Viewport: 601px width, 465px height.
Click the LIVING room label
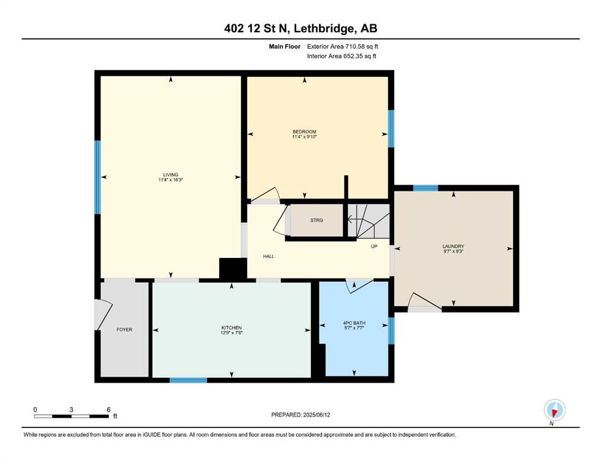click(x=171, y=175)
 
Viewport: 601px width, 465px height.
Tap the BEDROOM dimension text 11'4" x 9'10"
click(x=304, y=136)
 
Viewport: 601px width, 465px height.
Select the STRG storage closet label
click(x=317, y=220)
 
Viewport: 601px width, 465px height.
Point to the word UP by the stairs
click(x=374, y=246)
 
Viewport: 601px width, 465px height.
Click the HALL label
click(x=269, y=256)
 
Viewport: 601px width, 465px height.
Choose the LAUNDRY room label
click(x=453, y=246)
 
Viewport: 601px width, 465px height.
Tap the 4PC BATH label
click(x=354, y=323)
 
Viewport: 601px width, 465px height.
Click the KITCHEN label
click(x=232, y=328)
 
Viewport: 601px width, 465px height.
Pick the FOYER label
click(x=124, y=329)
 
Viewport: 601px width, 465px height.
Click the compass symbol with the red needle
click(x=554, y=410)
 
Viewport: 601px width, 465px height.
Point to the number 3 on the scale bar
click(x=71, y=409)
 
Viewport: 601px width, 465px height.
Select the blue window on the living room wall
click(x=97, y=177)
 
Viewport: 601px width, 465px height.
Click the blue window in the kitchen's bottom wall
click(x=188, y=380)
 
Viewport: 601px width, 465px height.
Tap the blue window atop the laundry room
click(x=425, y=188)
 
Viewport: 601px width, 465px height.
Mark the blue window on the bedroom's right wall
click(x=391, y=129)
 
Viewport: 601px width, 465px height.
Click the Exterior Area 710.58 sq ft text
click(x=343, y=47)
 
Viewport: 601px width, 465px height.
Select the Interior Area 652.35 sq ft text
click(x=341, y=56)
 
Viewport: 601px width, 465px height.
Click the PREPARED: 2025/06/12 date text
click(x=300, y=415)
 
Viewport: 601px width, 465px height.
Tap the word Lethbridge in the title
click(x=323, y=28)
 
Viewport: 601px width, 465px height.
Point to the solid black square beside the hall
click(x=232, y=268)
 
